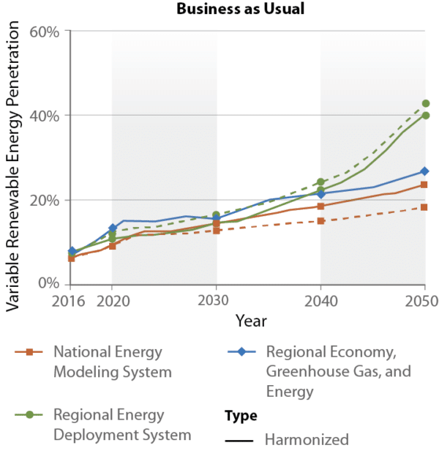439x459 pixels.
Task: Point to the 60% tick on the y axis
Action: tap(47, 31)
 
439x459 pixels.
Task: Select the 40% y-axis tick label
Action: tap(47, 116)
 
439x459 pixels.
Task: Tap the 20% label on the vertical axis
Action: tap(47, 200)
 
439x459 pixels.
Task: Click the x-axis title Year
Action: tap(251, 321)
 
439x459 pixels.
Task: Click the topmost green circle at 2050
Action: tap(425, 103)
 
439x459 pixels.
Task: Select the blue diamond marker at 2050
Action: tap(425, 171)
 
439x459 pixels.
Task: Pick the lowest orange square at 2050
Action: tap(425, 207)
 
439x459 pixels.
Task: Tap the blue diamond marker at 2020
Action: tap(112, 228)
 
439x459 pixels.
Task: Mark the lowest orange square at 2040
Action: tap(320, 220)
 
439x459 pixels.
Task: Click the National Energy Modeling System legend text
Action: tap(112, 362)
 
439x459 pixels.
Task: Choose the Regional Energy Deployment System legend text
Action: tap(122, 425)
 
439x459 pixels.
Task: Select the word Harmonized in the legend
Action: tap(307, 440)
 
